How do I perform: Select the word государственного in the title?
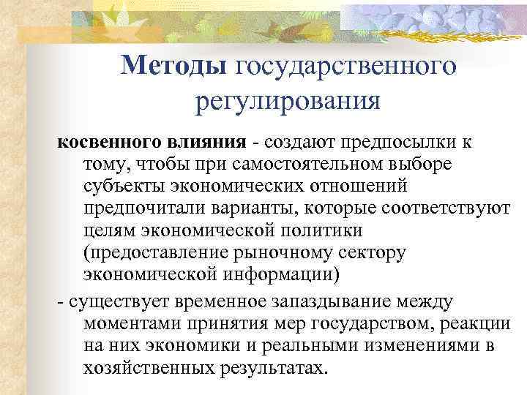click(346, 66)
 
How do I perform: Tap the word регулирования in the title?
click(287, 99)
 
